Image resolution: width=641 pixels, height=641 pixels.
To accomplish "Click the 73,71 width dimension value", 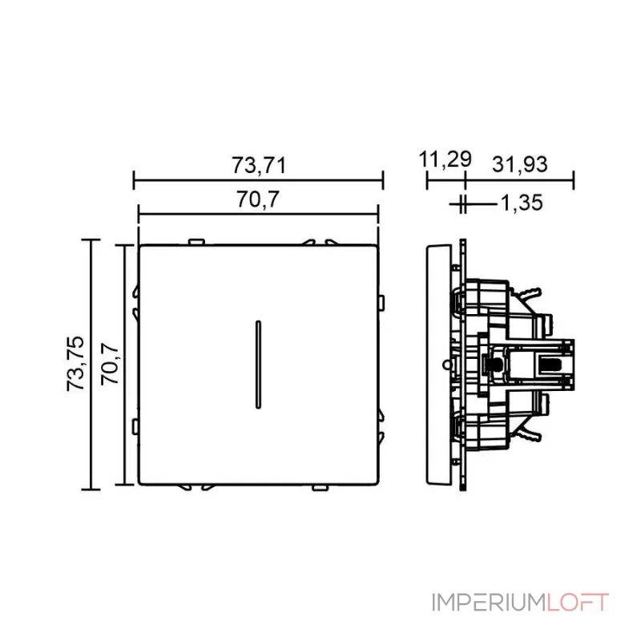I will tap(258, 166).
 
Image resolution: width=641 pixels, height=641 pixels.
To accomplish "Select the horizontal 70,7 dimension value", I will tap(257, 200).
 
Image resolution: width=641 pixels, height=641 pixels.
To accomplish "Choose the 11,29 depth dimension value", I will tap(445, 159).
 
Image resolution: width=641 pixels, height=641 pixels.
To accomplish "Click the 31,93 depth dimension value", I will tap(520, 164).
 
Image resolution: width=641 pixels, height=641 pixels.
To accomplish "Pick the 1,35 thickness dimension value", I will tap(522, 204).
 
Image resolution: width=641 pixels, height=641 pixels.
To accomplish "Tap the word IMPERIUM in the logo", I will tap(489, 603).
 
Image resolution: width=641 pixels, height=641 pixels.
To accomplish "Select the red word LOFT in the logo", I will tap(578, 603).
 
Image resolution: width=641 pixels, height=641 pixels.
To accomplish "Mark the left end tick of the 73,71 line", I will tap(134, 180).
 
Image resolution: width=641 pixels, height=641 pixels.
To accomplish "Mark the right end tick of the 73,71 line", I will tap(383, 180).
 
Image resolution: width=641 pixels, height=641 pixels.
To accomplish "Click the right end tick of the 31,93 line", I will tap(573, 180).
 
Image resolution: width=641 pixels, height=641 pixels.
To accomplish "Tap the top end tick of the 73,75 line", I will tap(93, 239).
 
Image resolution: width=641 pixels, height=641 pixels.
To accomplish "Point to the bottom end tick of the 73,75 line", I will tap(93, 490).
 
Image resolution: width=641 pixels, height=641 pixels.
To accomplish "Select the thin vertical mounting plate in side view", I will tap(462, 365).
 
